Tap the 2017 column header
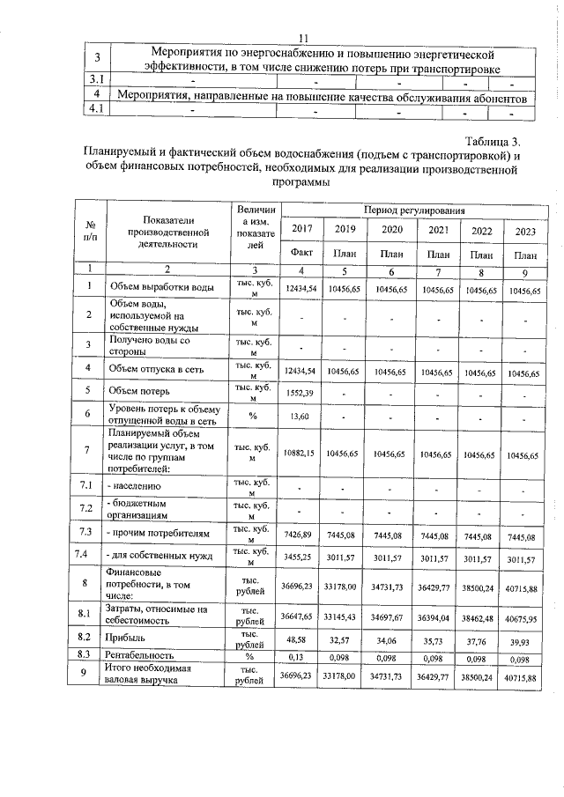click(301, 229)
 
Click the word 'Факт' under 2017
click(301, 252)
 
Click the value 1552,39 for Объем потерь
click(301, 390)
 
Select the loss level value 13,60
click(300, 416)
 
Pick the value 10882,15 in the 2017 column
click(300, 454)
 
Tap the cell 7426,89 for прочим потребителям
click(300, 534)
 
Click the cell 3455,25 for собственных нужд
click(300, 557)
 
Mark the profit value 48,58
click(301, 640)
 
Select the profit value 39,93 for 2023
click(523, 641)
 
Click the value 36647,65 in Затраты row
click(300, 615)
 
